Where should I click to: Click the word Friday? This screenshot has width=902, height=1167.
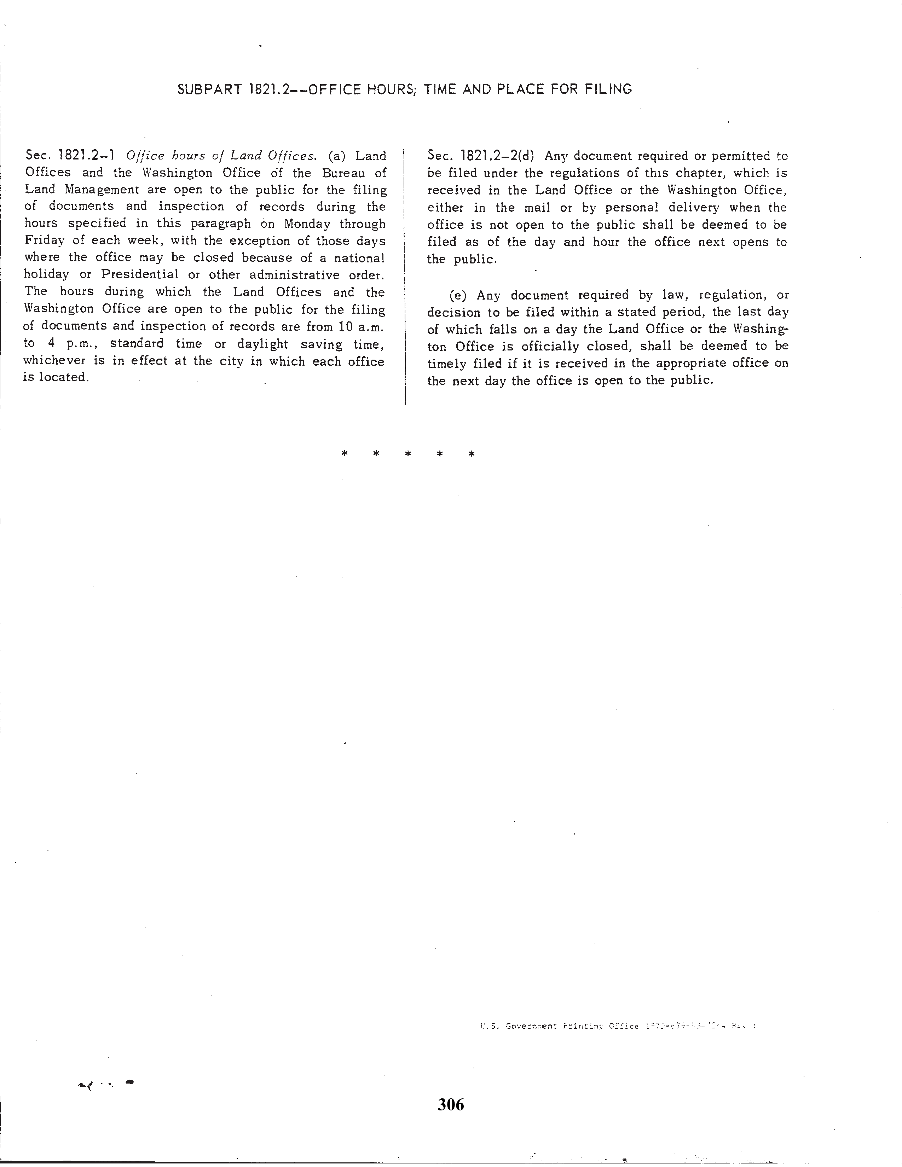[x=44, y=240]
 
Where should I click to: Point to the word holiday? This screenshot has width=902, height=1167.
[x=46, y=275]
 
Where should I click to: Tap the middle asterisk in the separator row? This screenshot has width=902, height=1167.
[x=408, y=454]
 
